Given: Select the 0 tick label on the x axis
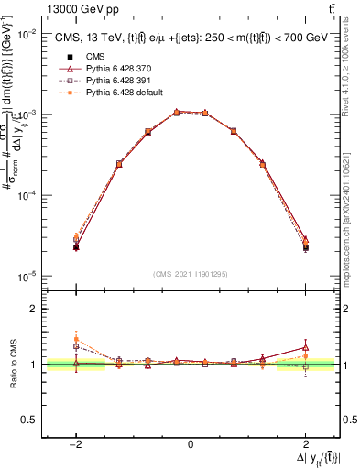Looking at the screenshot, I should tap(191, 444).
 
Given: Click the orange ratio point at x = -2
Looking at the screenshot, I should tap(76, 340).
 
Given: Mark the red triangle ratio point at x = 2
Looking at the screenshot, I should tap(306, 347).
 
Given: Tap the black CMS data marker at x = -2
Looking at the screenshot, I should tap(76, 247).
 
